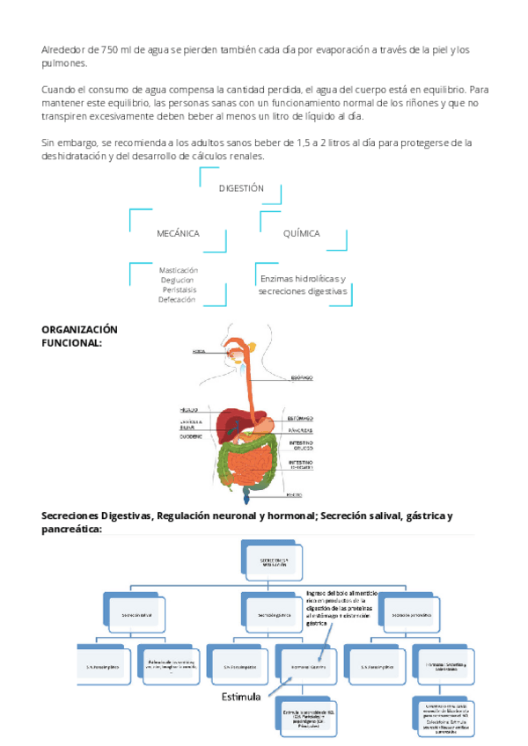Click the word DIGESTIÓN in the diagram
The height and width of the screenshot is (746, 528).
click(x=241, y=188)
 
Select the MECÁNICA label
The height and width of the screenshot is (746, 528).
click(x=178, y=233)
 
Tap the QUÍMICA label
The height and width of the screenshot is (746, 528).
click(x=301, y=233)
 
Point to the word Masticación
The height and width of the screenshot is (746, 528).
click(x=179, y=270)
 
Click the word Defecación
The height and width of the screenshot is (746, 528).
click(x=177, y=300)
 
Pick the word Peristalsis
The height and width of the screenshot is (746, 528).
click(x=180, y=289)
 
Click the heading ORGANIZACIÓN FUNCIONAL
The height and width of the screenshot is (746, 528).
click(x=79, y=336)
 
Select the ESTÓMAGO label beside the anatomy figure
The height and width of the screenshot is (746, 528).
click(x=300, y=419)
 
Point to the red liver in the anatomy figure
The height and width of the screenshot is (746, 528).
click(x=232, y=421)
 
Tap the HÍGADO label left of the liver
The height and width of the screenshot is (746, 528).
click(x=188, y=410)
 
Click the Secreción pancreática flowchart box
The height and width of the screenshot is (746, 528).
click(x=409, y=613)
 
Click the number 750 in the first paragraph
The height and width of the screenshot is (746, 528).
click(x=114, y=49)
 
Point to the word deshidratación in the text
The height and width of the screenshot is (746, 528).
click(x=73, y=156)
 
